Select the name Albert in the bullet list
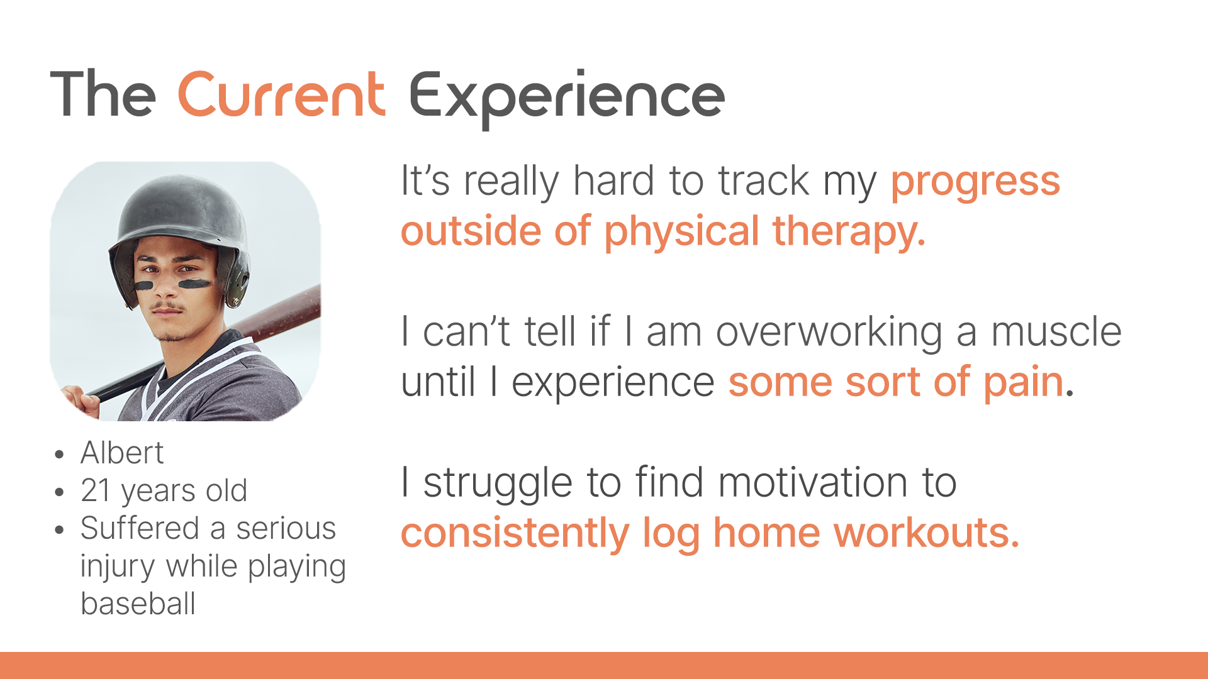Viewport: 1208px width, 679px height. tap(122, 453)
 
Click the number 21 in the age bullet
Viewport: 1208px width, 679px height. tap(96, 490)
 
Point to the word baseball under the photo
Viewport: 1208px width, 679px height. tap(138, 604)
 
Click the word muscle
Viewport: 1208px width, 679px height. tap(1056, 331)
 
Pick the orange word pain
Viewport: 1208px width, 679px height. tap(1023, 384)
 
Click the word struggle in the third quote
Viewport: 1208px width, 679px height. tap(498, 484)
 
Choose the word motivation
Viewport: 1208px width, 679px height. tap(813, 482)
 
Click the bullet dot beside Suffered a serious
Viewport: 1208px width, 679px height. tap(60, 529)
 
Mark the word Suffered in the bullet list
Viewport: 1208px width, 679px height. tap(140, 528)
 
